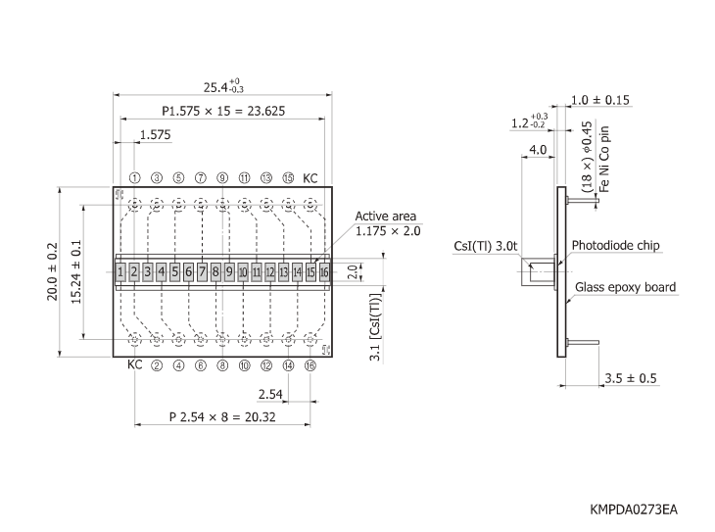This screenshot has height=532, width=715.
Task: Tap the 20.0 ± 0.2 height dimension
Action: pos(54,272)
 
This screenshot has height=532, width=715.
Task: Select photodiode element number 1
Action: pos(119,271)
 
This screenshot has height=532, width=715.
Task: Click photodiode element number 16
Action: pos(324,271)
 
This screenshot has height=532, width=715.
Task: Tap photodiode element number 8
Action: pos(215,271)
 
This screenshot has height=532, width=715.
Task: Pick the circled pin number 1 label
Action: pos(134,178)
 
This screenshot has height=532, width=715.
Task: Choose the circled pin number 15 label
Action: pos(288,178)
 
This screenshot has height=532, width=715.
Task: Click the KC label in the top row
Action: pos(310,178)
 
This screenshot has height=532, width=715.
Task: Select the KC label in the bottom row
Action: pos(135,364)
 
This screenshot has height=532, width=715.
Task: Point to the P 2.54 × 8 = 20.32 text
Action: pos(223,416)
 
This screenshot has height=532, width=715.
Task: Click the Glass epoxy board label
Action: pos(625,287)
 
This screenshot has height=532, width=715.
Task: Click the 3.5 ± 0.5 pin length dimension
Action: pos(631,378)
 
